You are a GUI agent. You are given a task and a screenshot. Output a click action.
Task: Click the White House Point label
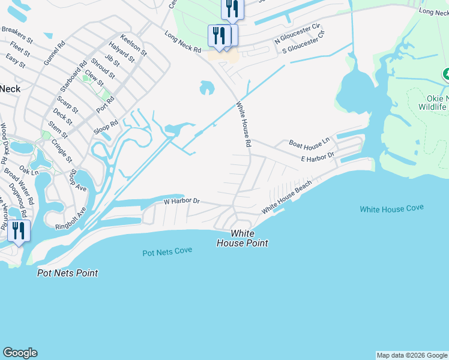coord(242,238)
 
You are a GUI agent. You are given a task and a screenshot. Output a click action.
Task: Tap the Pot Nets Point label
coord(67,273)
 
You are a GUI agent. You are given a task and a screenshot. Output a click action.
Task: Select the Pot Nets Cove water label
coord(167,251)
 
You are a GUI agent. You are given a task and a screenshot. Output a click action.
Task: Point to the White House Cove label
coord(391,208)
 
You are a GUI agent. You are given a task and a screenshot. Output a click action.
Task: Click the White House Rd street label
coord(243,125)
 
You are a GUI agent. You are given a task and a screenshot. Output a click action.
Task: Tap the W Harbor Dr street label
coord(181,202)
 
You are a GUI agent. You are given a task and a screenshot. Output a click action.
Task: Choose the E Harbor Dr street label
coord(317,157)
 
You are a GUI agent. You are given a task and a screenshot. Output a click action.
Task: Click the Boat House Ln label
coord(310,143)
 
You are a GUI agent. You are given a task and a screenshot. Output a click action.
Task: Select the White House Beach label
coord(287,197)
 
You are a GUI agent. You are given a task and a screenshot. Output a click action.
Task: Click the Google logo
coord(20,353)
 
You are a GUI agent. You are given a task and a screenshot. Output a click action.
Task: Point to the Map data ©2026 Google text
coord(411,355)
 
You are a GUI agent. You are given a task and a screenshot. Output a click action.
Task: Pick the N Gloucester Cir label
coord(298,35)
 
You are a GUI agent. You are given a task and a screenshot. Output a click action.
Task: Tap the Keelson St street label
coord(133,44)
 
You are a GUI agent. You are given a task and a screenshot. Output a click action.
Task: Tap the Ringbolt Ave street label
coord(71,218)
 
